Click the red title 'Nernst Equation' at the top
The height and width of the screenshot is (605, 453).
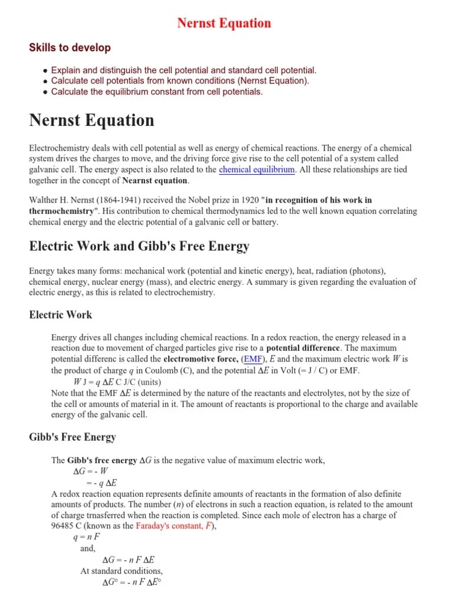(224, 24)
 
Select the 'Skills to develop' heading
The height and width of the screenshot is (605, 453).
(70, 48)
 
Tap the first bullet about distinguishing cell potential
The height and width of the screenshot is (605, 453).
(183, 70)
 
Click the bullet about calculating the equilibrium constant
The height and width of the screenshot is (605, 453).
(157, 92)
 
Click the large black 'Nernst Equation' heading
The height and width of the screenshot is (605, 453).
(91, 121)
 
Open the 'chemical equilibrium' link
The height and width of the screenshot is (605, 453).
(257, 170)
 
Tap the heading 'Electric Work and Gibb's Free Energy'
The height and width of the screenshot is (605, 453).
(139, 246)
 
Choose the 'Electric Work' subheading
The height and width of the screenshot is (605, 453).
(61, 315)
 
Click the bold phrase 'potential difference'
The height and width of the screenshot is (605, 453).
(303, 348)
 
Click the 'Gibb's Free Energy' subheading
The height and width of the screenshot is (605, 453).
(73, 437)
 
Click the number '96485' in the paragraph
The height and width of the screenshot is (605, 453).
(64, 526)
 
